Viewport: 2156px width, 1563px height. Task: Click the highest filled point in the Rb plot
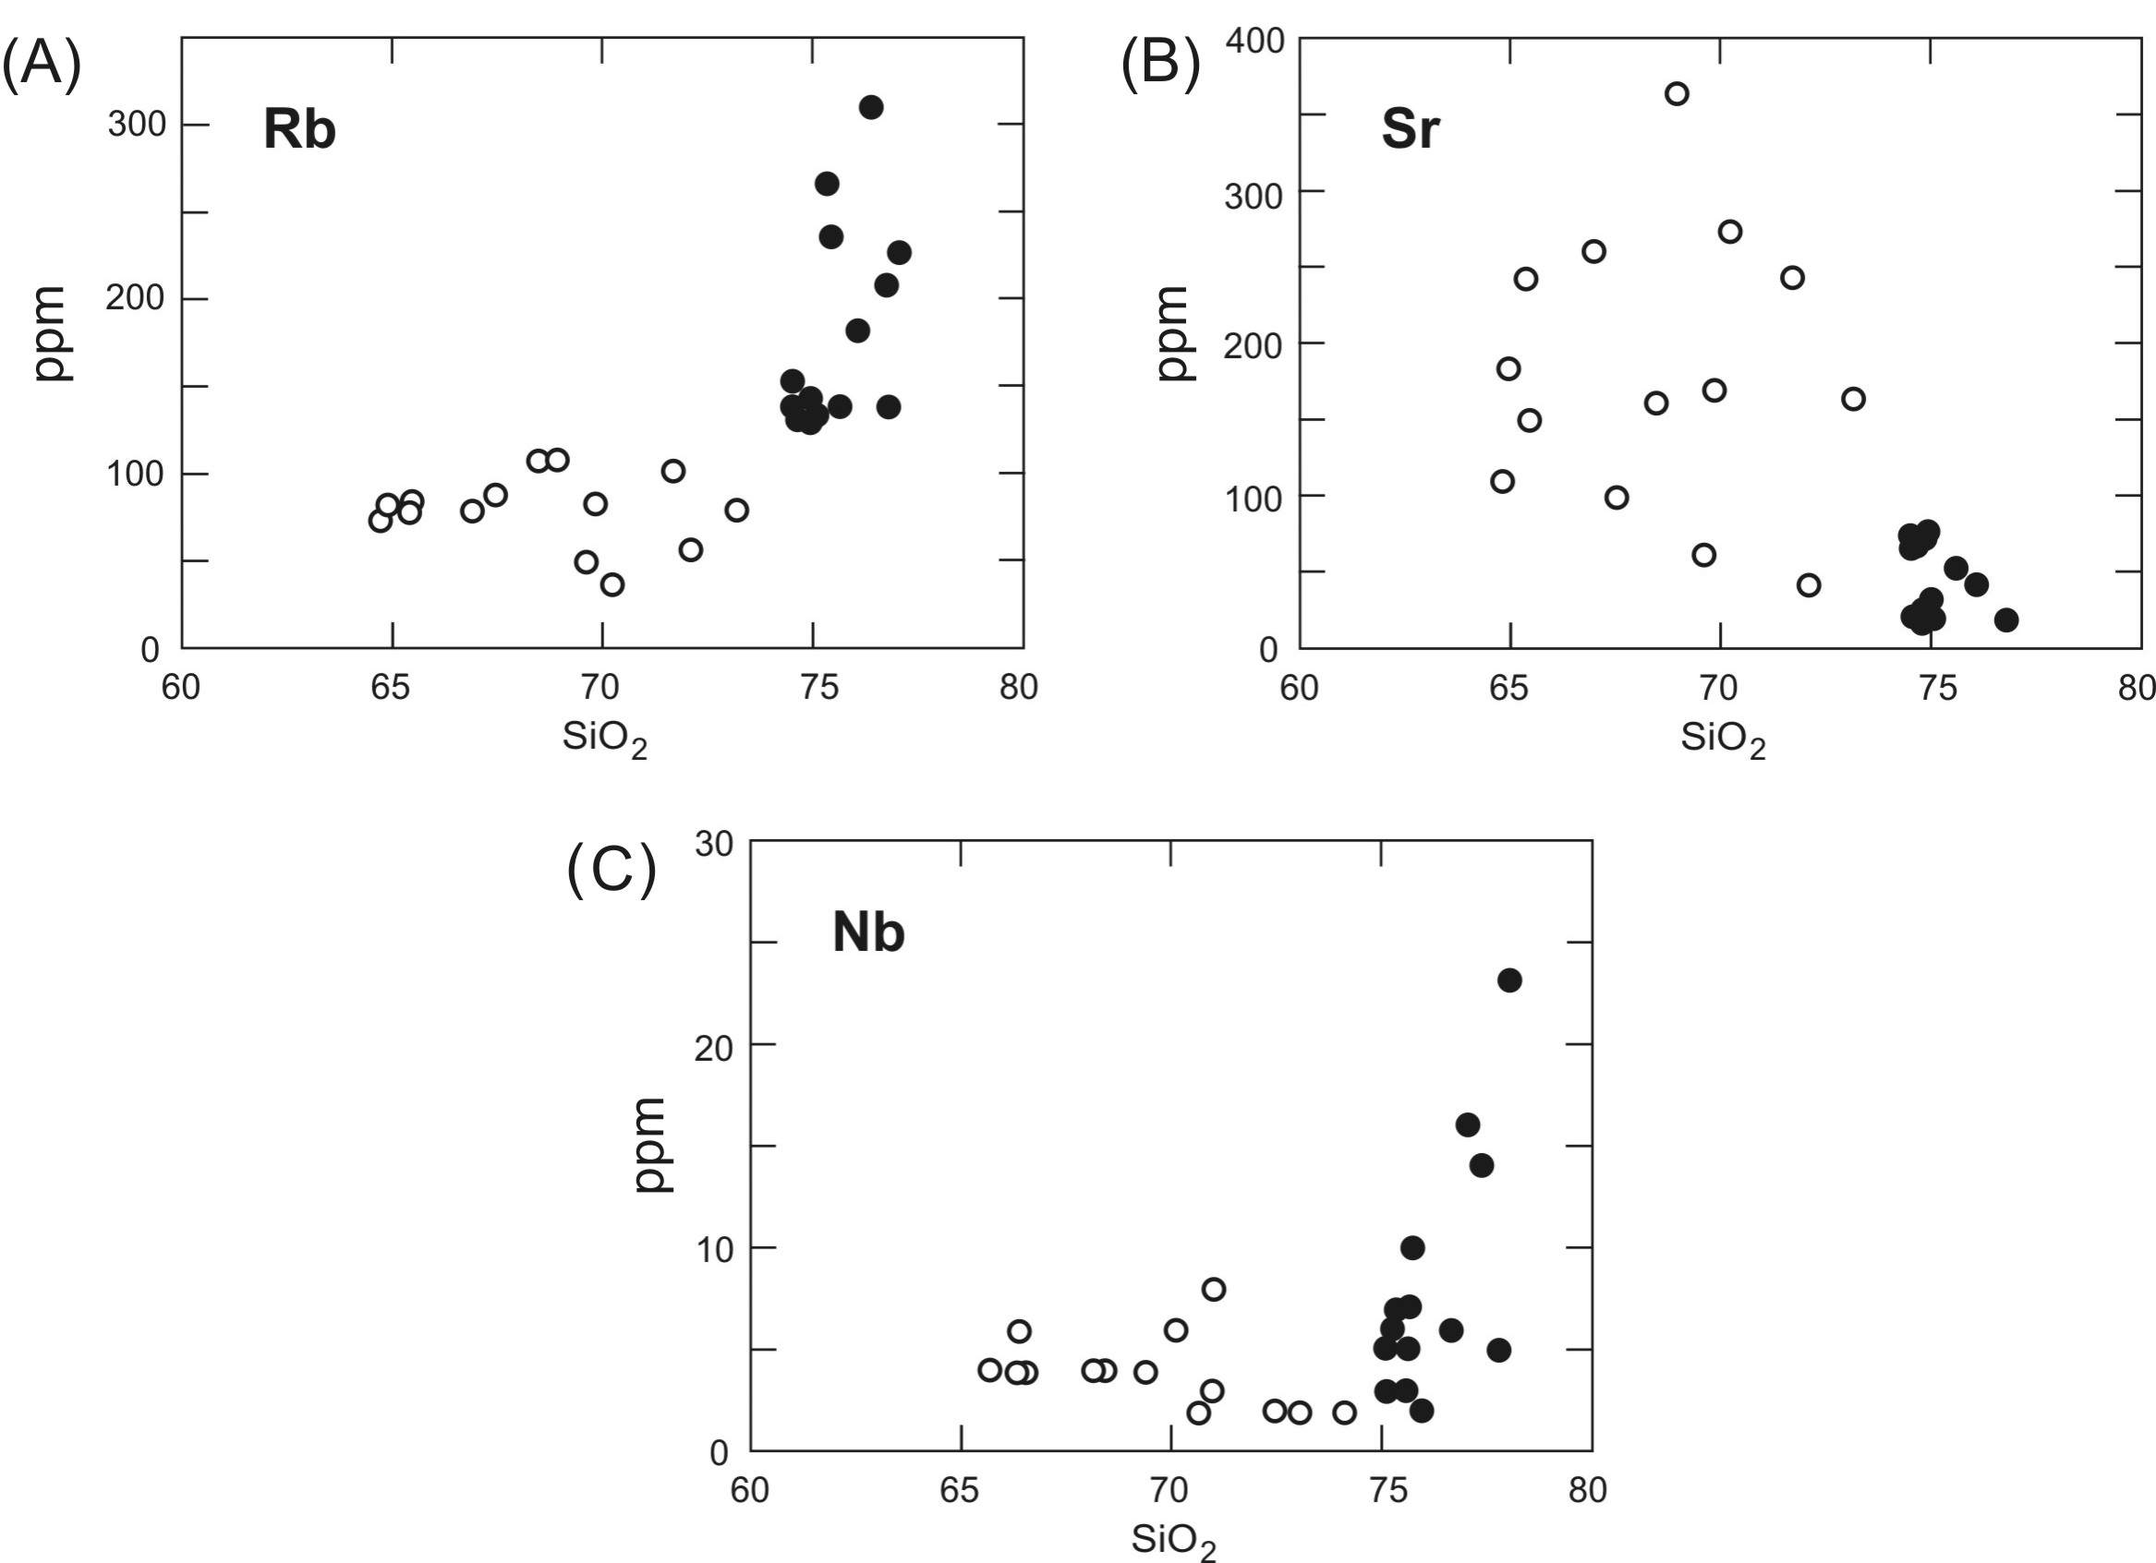point(871,107)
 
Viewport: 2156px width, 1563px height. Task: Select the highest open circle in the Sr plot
point(1676,93)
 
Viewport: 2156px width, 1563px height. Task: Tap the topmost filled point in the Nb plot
point(1509,980)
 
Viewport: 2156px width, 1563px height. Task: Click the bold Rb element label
point(299,130)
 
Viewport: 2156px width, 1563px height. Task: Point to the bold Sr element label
point(1410,129)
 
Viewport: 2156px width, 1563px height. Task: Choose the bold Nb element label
point(868,933)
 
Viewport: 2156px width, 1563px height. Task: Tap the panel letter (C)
point(612,869)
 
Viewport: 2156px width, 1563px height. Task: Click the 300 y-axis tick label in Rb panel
point(136,125)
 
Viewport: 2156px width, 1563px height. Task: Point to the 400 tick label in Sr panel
point(1254,41)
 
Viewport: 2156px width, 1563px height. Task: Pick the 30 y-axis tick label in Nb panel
point(714,844)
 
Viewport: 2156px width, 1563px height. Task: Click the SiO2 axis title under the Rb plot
point(605,739)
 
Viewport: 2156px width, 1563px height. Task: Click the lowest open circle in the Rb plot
point(612,584)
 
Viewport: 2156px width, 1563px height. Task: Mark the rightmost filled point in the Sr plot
point(2005,620)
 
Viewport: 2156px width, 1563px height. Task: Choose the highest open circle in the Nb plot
point(1213,1290)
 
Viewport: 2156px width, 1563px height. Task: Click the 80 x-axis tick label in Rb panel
point(1018,686)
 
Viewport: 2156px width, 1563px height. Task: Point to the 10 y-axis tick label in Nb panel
point(714,1249)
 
